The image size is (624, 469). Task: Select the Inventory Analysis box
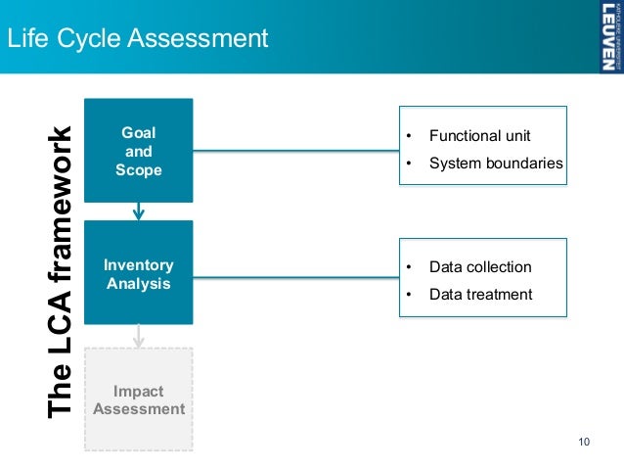[x=138, y=274]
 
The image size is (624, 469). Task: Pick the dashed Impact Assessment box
[x=138, y=399]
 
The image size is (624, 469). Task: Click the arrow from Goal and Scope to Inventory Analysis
[x=139, y=210]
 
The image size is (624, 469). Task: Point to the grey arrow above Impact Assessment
[x=139, y=335]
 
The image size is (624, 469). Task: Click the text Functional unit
[x=480, y=135]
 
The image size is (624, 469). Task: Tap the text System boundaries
[x=496, y=163]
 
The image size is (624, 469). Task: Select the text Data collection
[x=480, y=266]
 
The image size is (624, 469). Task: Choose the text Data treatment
[x=480, y=294]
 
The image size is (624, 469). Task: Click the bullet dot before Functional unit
[x=410, y=135]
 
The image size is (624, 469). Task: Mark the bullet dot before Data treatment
[x=410, y=294]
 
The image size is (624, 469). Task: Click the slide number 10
[x=585, y=443]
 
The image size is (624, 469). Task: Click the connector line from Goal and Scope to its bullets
[x=293, y=150]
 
